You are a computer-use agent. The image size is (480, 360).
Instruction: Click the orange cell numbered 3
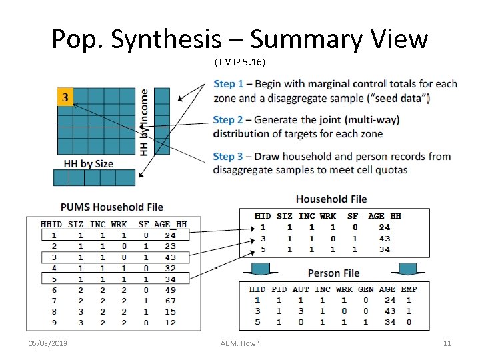[x=65, y=97]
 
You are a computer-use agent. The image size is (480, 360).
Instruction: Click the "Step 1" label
[x=228, y=84]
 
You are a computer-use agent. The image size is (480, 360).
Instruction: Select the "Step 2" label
[x=228, y=121]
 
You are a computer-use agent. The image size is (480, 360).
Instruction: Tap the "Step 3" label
[x=228, y=157]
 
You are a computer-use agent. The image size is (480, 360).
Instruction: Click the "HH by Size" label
[x=89, y=164]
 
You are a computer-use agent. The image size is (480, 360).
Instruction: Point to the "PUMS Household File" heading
[x=112, y=207]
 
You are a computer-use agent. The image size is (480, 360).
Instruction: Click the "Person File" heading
[x=333, y=273]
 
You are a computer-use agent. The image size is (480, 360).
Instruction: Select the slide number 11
[x=447, y=343]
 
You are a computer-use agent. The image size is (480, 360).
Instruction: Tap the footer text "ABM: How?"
[x=239, y=343]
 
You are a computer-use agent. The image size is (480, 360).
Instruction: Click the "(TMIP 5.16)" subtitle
[x=240, y=63]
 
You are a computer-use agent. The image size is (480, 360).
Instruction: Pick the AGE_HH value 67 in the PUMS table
[x=170, y=300]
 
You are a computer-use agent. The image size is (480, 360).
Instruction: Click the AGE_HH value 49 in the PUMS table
[x=170, y=289]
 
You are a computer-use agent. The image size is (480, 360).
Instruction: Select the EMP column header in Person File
[x=409, y=289]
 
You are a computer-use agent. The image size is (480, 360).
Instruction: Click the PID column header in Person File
[x=279, y=289]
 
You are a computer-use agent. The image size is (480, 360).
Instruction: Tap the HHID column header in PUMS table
[x=51, y=225]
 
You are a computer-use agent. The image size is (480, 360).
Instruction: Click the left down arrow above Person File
[x=261, y=269]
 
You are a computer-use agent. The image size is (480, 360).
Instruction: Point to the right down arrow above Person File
[x=406, y=269]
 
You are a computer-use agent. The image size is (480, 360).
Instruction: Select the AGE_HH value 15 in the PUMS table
[x=170, y=311]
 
